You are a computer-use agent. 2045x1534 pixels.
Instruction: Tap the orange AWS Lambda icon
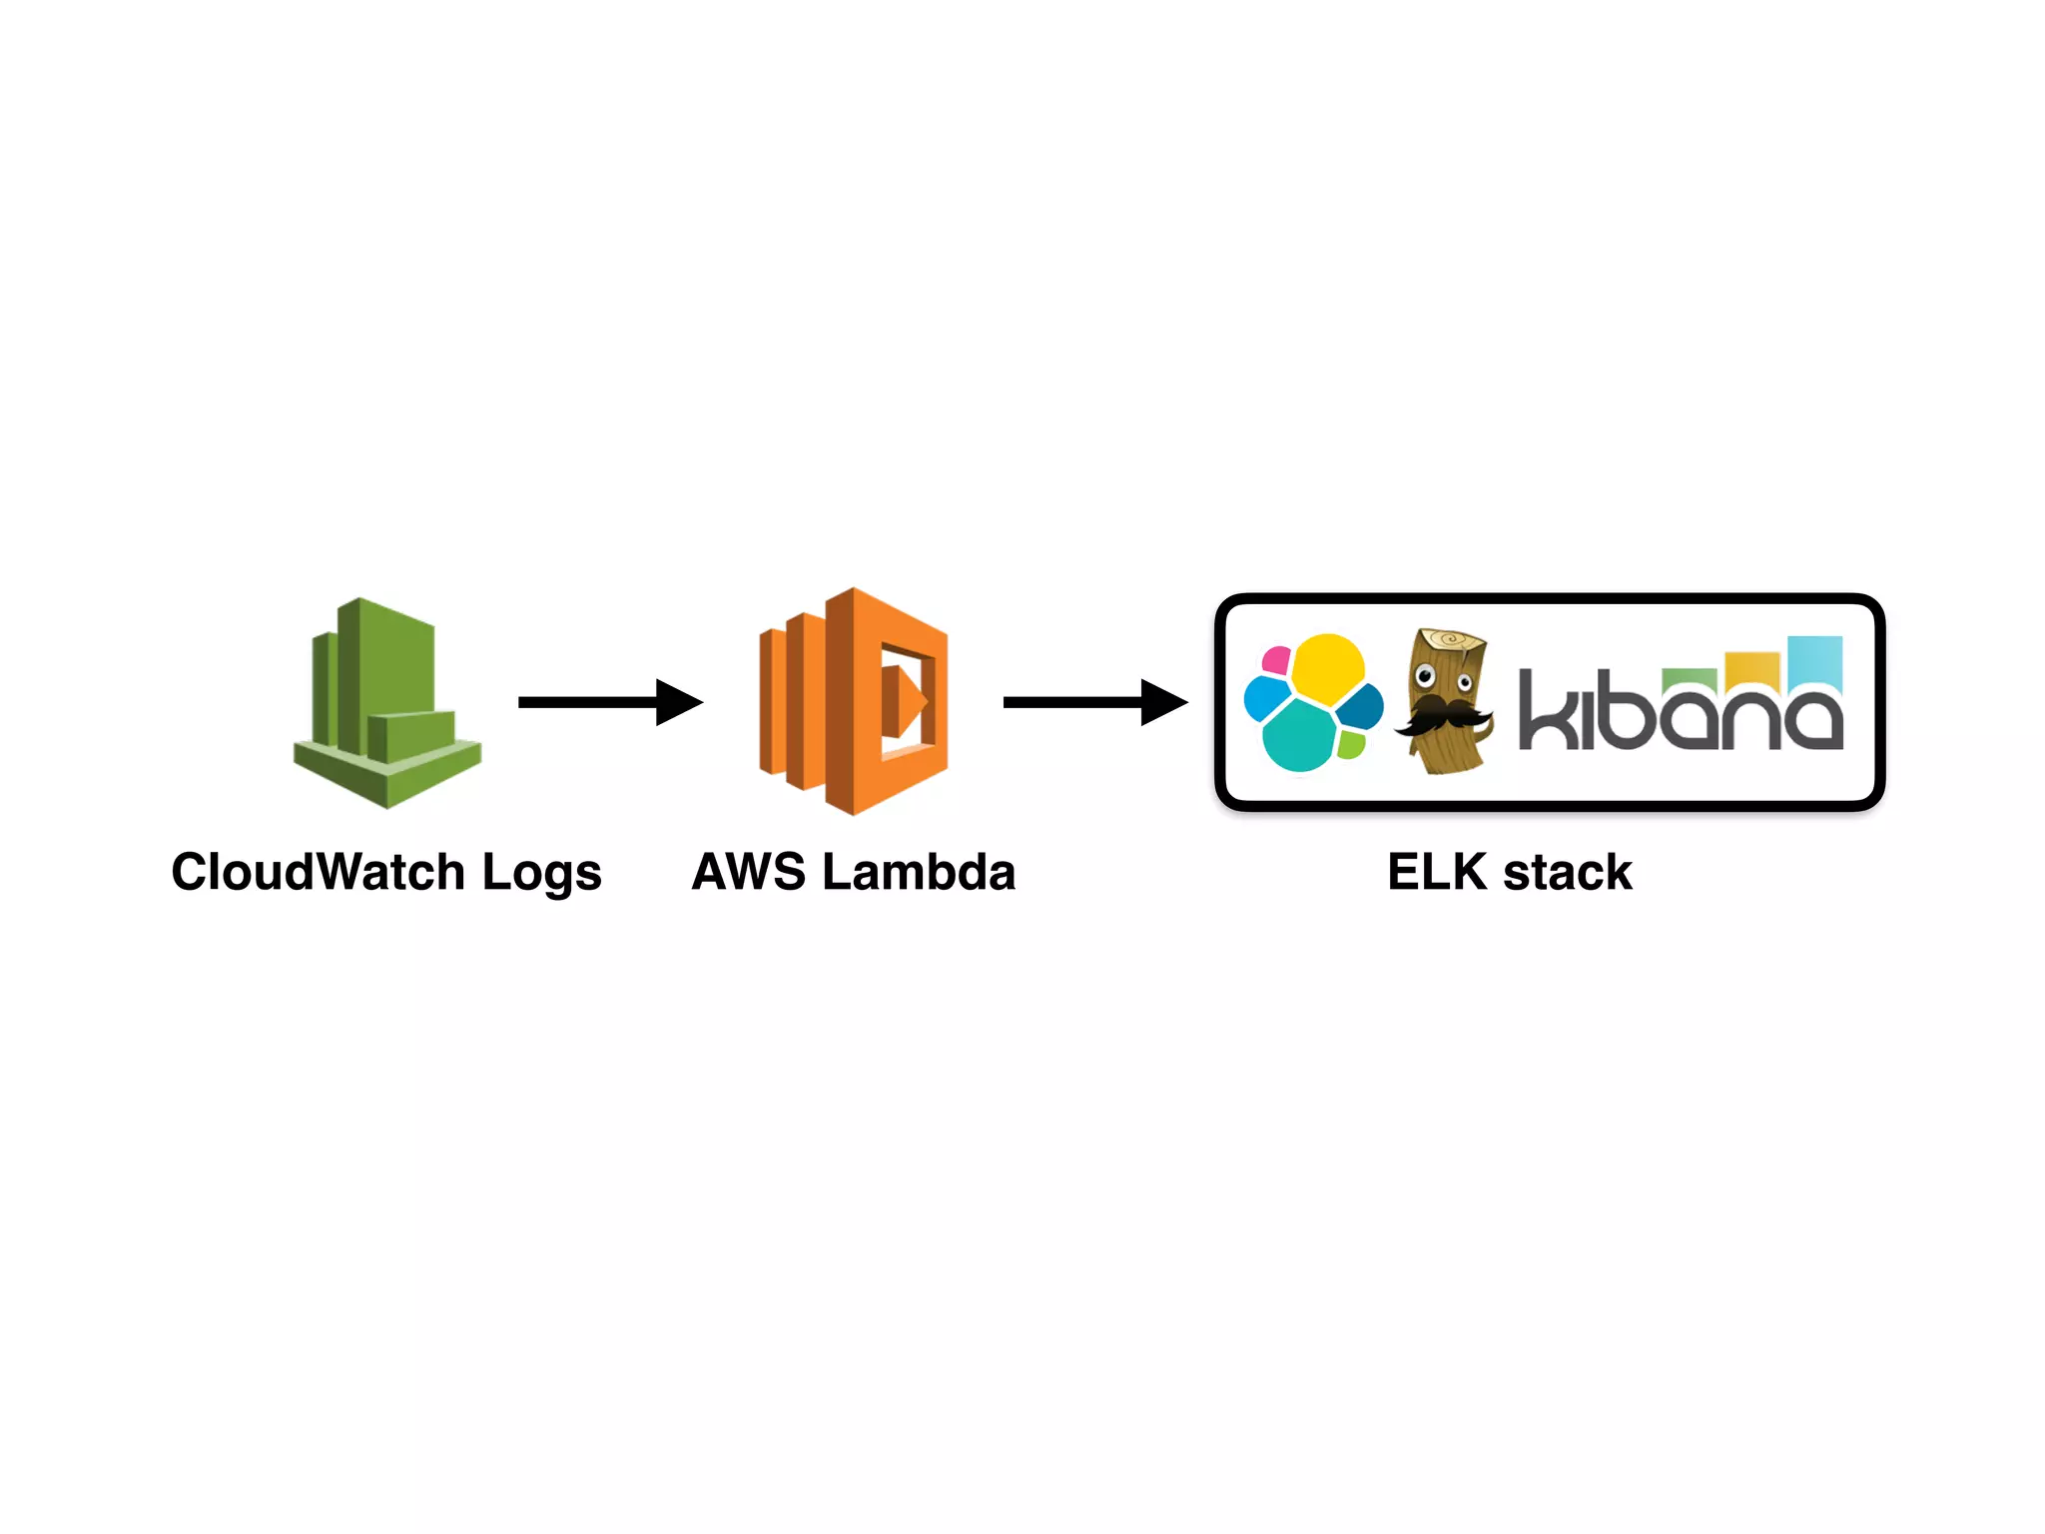coord(854,701)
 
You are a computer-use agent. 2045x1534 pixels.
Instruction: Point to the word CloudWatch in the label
coord(318,872)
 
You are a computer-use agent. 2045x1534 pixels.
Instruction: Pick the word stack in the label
coord(1568,872)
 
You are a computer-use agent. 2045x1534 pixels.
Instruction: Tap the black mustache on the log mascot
coord(1442,714)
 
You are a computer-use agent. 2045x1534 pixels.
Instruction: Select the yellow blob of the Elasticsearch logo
coord(1327,664)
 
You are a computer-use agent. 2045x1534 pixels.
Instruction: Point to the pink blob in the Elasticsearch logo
coord(1276,660)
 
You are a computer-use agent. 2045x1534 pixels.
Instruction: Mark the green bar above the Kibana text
coord(1690,676)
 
